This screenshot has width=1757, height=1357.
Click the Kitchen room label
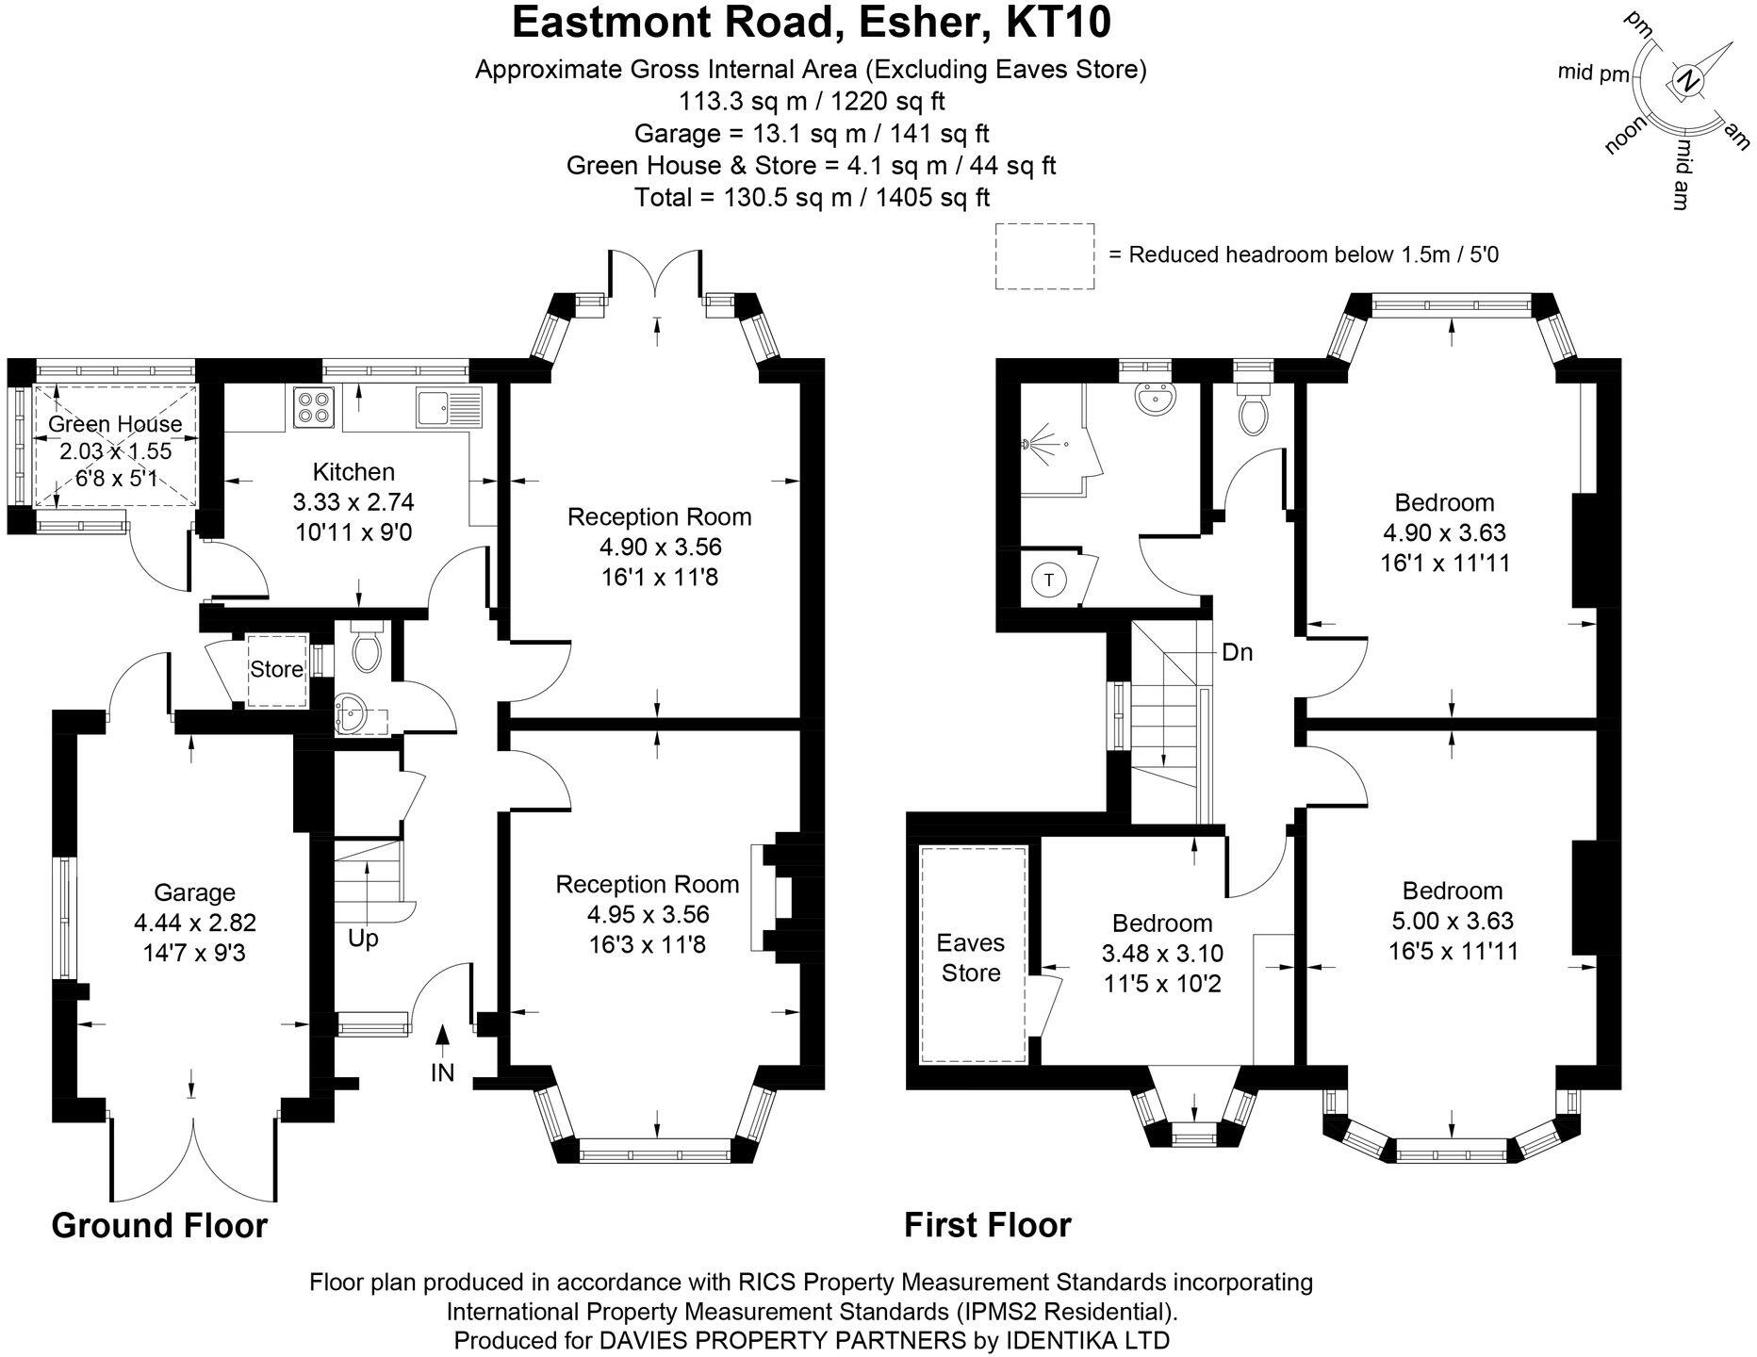353,471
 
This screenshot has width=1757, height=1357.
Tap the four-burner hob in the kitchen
312,407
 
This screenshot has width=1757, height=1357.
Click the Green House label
114,424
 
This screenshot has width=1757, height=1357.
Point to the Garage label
194,892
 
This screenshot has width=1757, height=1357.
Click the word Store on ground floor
276,669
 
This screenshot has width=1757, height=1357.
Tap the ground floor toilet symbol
364,648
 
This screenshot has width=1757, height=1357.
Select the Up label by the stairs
363,939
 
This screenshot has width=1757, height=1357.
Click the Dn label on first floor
1237,652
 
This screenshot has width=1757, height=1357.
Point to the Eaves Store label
970,957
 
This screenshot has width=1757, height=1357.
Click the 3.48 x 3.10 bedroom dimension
1161,954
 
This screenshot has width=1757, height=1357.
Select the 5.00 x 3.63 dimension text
1452,921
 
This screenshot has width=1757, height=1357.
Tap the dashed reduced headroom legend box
1044,255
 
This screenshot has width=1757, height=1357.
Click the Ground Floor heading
159,1226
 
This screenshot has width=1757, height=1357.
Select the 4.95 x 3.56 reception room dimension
648,914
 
